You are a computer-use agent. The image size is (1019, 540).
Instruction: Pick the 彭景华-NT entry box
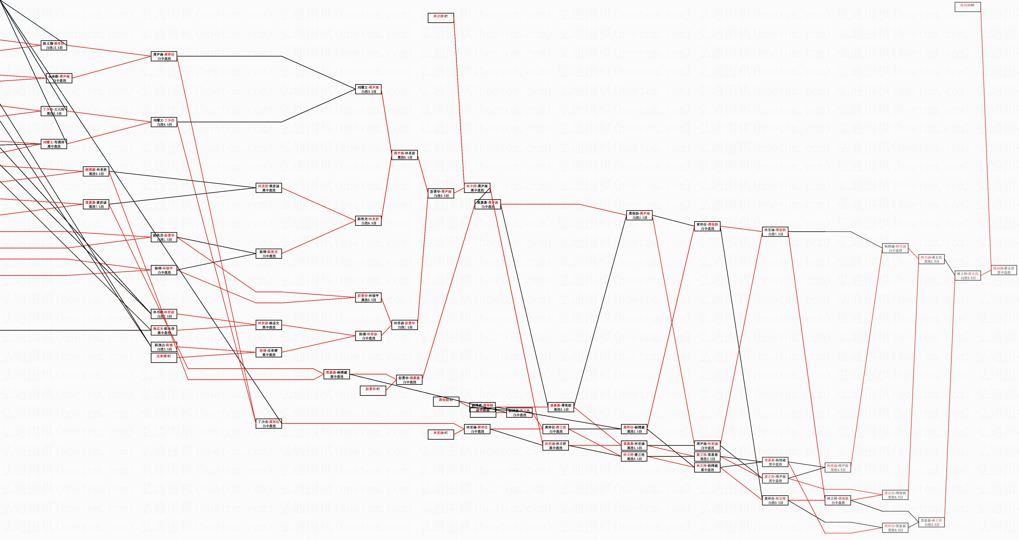tap(373, 391)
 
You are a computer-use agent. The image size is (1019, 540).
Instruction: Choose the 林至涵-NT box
tap(441, 434)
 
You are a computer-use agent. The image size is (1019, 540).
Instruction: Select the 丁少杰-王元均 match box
tap(54, 111)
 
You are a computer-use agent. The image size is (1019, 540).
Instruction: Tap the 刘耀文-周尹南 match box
tap(368, 89)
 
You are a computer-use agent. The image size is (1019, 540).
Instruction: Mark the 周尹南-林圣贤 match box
tap(404, 155)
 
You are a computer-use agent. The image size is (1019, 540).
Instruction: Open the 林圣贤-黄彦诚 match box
tap(269, 188)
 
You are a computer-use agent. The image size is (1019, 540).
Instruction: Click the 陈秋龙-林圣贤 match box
tap(368, 221)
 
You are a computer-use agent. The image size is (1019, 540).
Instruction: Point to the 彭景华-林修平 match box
tap(368, 298)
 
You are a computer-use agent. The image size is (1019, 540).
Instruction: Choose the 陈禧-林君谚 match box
tap(368, 336)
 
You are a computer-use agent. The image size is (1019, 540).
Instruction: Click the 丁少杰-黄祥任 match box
tap(269, 424)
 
